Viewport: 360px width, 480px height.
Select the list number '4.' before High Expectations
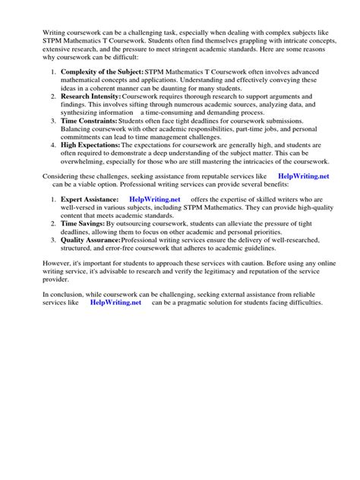(53, 144)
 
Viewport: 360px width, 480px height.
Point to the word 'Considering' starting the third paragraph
(64, 175)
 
